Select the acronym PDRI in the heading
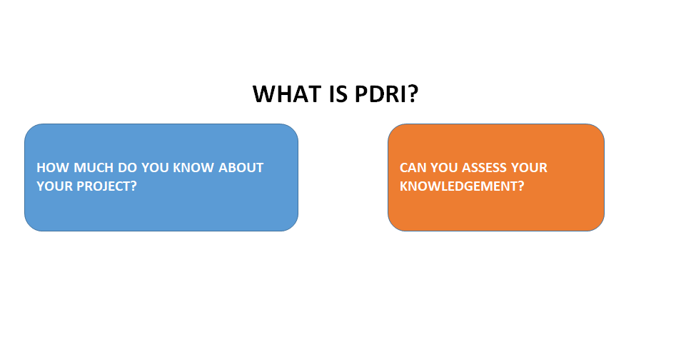pyautogui.click(x=379, y=94)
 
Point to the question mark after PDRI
pyautogui.click(x=412, y=94)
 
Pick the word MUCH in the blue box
pyautogui.click(x=88, y=168)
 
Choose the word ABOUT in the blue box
pyautogui.click(x=241, y=168)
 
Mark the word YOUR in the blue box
pyautogui.click(x=53, y=186)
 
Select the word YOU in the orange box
pyautogui.click(x=444, y=168)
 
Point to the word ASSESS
pyautogui.click(x=488, y=168)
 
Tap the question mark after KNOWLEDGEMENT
pyautogui.click(x=521, y=186)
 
